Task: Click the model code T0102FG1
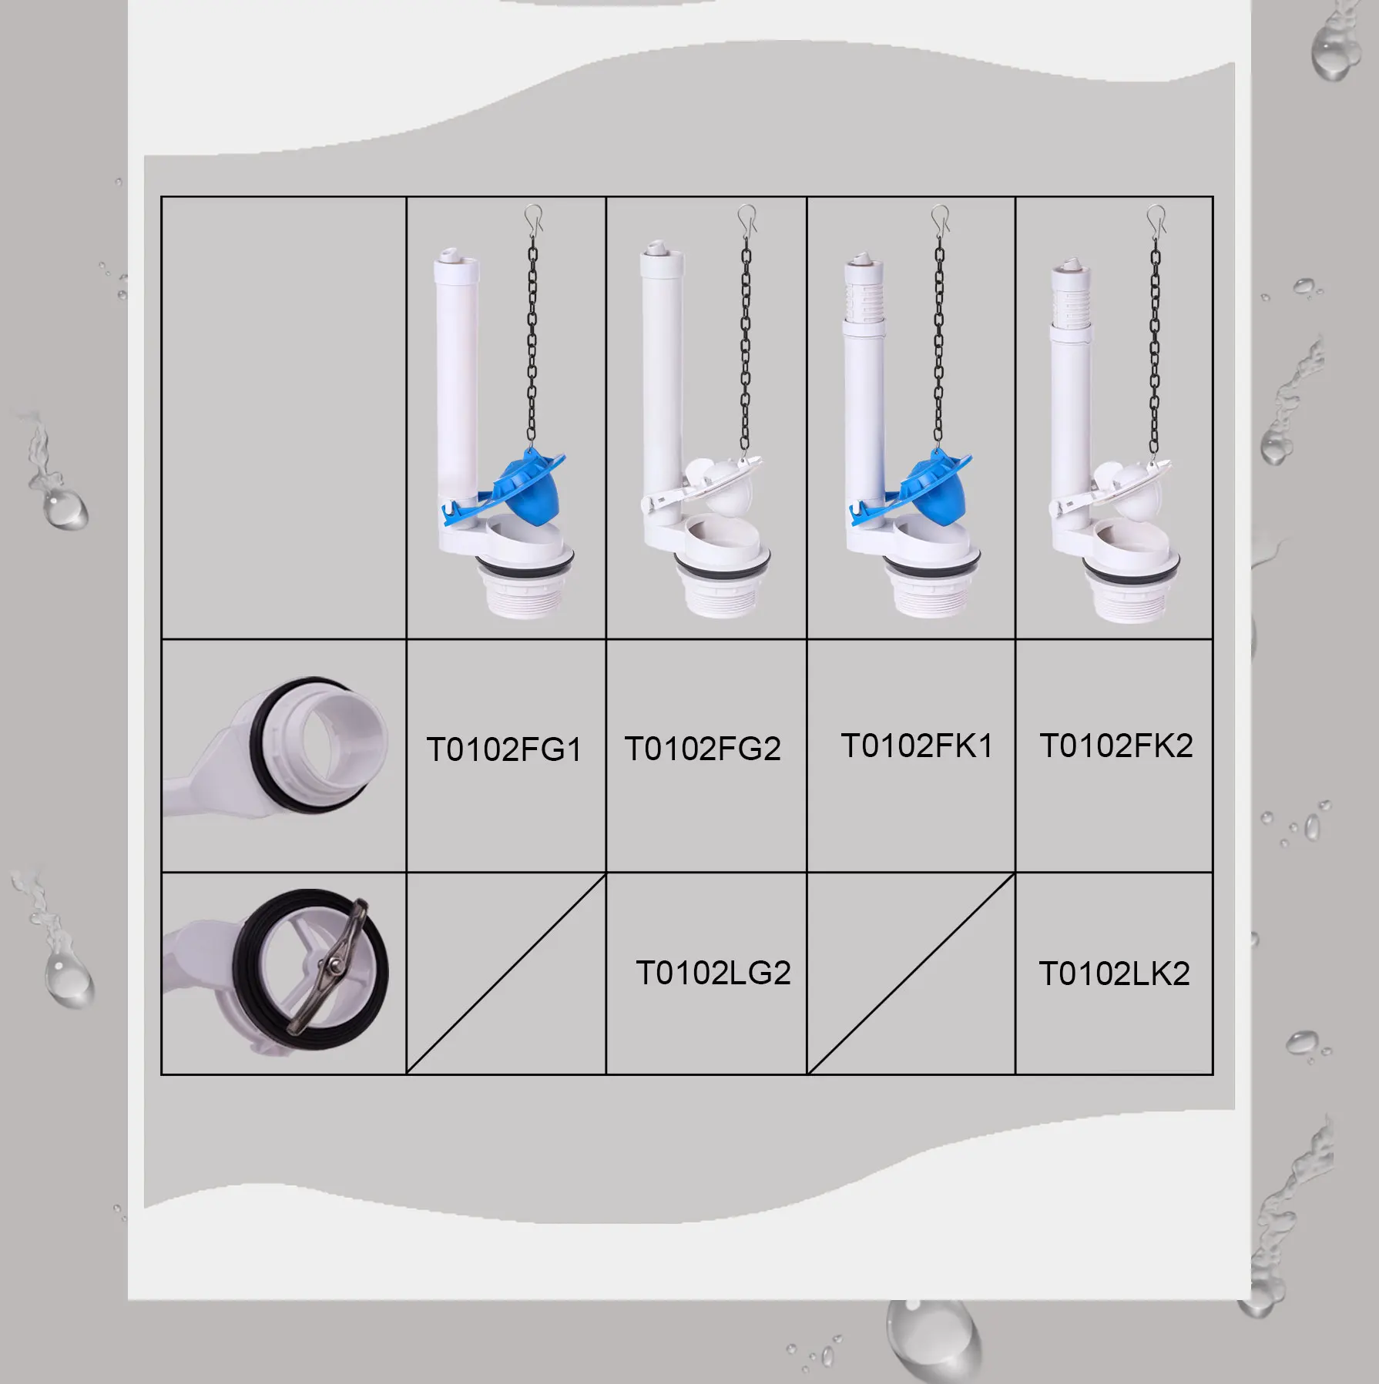[504, 749]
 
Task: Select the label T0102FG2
[703, 749]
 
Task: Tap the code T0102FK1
[917, 746]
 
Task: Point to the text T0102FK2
[1116, 746]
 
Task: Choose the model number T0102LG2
[713, 973]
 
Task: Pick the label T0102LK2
[1114, 973]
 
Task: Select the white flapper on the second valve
[728, 490]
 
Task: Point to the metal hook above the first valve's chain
[534, 219]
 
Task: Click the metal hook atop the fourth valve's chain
[1156, 219]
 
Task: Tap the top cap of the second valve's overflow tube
[656, 250]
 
